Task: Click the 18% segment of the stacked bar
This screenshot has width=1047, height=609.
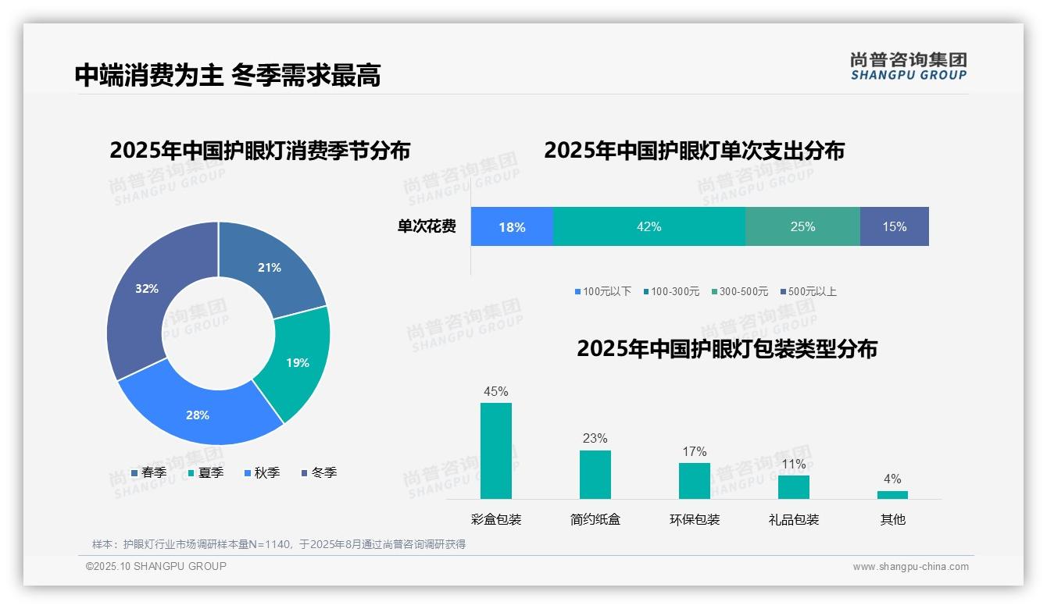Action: pos(512,226)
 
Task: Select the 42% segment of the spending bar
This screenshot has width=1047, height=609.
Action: pos(649,226)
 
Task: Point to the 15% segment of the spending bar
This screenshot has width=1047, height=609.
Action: pos(894,226)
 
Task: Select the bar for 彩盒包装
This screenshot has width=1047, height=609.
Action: pos(496,451)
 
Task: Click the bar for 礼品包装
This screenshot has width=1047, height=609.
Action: pos(793,486)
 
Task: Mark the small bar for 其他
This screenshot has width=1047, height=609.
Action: pos(892,494)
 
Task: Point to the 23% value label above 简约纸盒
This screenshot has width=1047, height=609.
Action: pos(595,439)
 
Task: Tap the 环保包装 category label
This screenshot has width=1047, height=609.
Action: pos(695,519)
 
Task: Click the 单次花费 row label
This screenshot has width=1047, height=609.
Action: pos(427,226)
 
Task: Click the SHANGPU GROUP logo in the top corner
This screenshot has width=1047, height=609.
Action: pos(908,66)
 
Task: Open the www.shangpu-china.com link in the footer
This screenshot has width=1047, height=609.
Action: pos(910,567)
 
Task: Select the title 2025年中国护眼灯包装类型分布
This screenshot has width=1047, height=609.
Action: pos(727,349)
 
